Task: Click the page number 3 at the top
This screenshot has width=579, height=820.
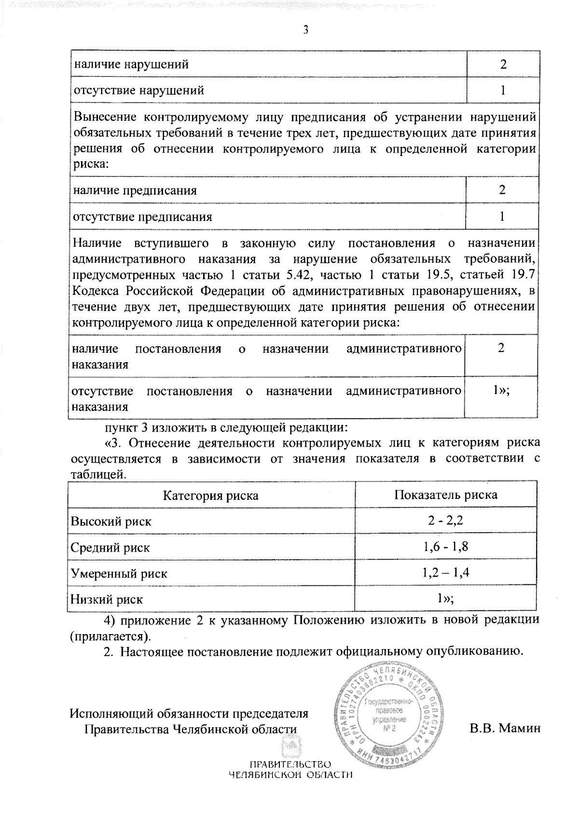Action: pyautogui.click(x=305, y=30)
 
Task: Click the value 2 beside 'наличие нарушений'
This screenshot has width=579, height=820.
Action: pyautogui.click(x=503, y=64)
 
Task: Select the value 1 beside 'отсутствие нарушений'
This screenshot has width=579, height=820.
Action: pyautogui.click(x=503, y=90)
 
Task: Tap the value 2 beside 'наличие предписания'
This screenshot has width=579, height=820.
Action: pyautogui.click(x=502, y=190)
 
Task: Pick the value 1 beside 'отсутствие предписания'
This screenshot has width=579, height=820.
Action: pyautogui.click(x=502, y=216)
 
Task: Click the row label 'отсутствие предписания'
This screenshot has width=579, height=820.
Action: pyautogui.click(x=142, y=217)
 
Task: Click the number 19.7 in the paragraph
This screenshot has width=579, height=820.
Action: pyautogui.click(x=521, y=275)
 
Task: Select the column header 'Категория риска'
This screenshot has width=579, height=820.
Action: pyautogui.click(x=210, y=495)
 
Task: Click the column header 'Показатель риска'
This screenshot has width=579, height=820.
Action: pyautogui.click(x=446, y=495)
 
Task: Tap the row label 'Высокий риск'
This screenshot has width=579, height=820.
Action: pyautogui.click(x=111, y=522)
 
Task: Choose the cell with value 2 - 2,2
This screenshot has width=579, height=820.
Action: pyautogui.click(x=446, y=521)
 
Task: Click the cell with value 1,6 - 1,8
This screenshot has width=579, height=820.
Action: pyautogui.click(x=446, y=547)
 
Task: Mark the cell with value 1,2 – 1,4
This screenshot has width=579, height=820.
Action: pyautogui.click(x=446, y=573)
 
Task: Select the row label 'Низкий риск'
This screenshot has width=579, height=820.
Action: pyautogui.click(x=107, y=600)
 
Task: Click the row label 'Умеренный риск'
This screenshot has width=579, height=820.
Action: pyautogui.click(x=119, y=574)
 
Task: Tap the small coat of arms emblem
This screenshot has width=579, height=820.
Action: pyautogui.click(x=290, y=749)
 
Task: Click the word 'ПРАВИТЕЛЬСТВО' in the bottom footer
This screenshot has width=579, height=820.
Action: pyautogui.click(x=290, y=765)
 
